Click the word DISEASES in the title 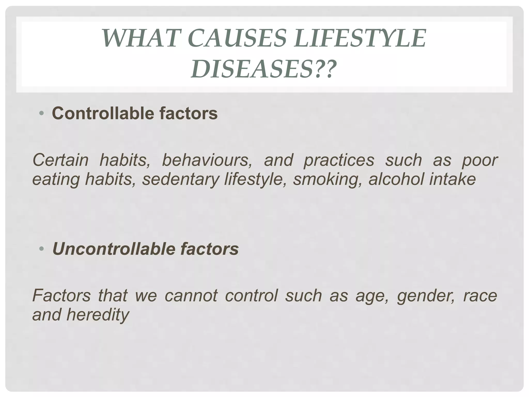252,69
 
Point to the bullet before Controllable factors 41,113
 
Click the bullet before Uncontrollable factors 41,249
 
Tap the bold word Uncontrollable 114,249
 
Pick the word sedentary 181,179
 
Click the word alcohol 396,179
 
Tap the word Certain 60,160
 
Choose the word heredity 97,315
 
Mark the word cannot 191,295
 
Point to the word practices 339,160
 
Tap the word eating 56,179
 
